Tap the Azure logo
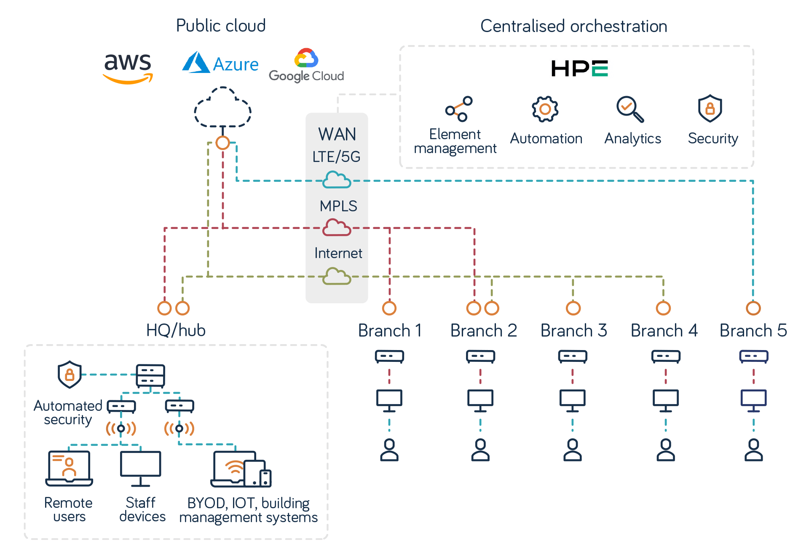coord(220,63)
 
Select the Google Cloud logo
coord(306,65)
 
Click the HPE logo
coord(579,68)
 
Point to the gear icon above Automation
coord(545,109)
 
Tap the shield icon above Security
coord(710,108)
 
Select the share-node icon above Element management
coord(459,109)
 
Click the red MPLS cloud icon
coord(337,228)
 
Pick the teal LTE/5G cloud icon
coord(337,180)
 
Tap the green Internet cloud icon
coord(337,276)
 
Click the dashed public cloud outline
coord(222,108)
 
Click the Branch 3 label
coord(573,330)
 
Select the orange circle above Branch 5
coord(753,308)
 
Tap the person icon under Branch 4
coord(665,450)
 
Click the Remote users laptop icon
coord(69,468)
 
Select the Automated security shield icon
coord(70,374)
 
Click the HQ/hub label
coord(176,330)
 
